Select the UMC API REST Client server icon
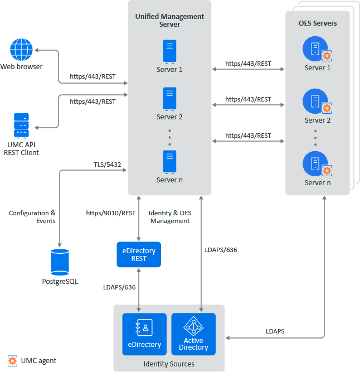(22, 125)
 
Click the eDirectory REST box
(139, 255)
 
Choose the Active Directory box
(193, 334)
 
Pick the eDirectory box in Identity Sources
(144, 334)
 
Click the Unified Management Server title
(169, 21)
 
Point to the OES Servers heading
(318, 23)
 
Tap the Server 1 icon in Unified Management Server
(169, 51)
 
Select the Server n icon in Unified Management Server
(169, 161)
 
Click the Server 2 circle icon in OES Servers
(315, 102)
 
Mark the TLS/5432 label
(108, 165)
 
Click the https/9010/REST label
(111, 212)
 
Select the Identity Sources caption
(168, 364)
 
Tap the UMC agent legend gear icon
(12, 361)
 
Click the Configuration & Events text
(32, 217)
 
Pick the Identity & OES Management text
(169, 217)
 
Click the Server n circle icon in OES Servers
(315, 164)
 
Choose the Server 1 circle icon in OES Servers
(315, 49)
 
